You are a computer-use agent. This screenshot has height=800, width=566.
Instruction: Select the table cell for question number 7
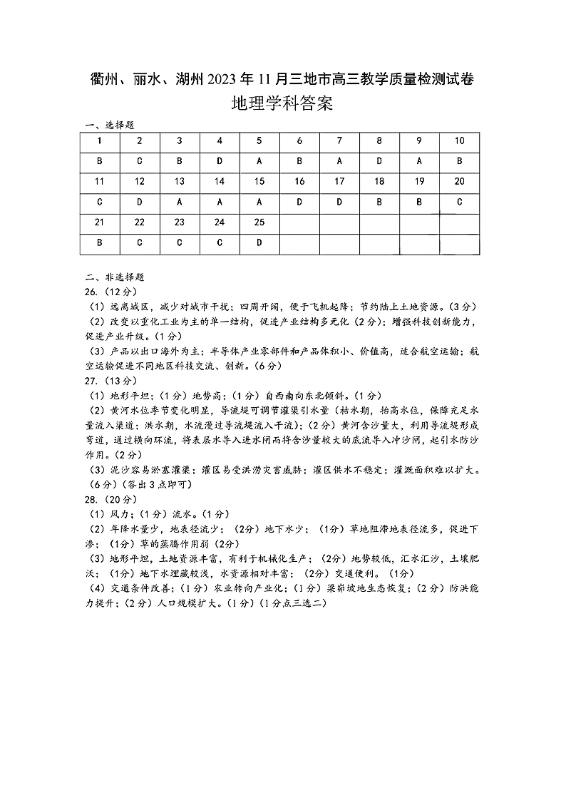click(339, 140)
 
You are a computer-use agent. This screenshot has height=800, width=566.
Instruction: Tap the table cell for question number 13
click(180, 182)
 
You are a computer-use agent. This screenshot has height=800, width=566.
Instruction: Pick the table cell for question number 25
click(259, 222)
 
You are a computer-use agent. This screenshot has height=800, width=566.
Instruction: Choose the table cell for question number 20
click(459, 182)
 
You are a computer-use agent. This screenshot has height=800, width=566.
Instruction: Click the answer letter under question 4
click(220, 161)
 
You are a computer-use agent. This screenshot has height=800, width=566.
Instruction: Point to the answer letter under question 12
click(140, 202)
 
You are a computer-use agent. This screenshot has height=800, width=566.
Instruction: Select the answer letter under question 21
click(100, 242)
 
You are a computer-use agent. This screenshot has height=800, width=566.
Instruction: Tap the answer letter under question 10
click(459, 161)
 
